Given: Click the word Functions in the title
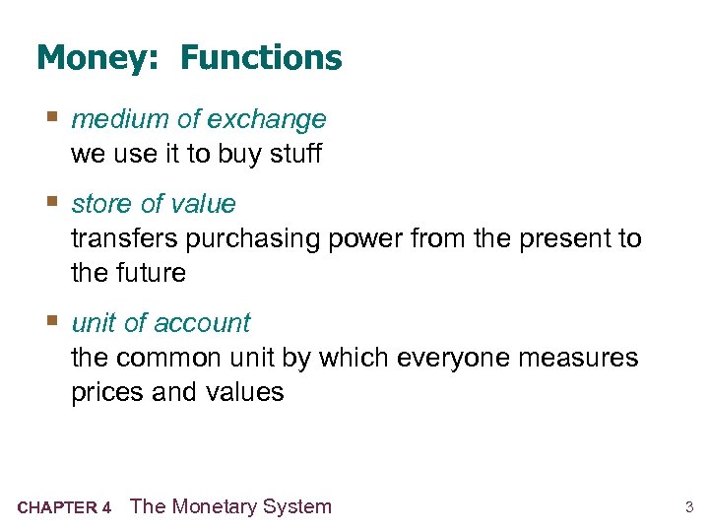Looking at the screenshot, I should click(x=261, y=59).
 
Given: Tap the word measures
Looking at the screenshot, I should click(x=586, y=358).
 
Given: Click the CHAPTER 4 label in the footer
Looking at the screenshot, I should click(x=64, y=508).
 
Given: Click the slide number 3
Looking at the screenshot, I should click(x=689, y=508).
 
